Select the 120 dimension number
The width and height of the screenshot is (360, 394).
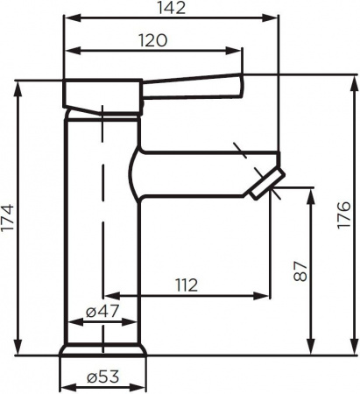tap(152, 40)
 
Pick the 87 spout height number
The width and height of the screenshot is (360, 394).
tap(300, 271)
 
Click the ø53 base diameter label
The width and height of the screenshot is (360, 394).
tap(102, 379)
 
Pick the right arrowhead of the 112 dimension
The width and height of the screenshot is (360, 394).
tap(272, 295)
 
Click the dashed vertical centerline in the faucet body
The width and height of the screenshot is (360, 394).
tap(102, 219)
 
